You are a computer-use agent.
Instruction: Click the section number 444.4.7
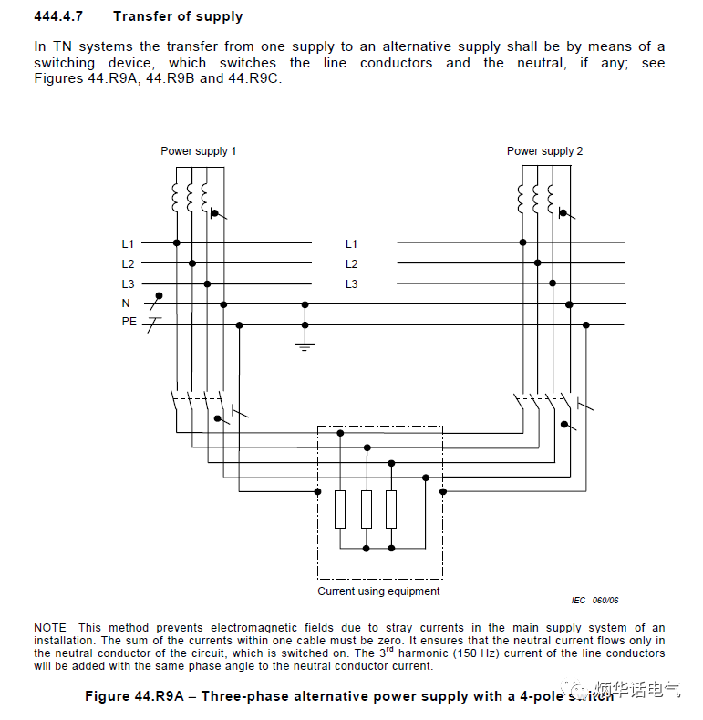tap(60, 16)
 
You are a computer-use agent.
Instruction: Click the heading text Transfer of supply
tap(178, 16)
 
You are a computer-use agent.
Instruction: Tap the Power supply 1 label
tap(198, 151)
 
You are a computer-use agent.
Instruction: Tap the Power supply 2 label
tap(544, 151)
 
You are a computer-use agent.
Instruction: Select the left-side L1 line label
tap(128, 244)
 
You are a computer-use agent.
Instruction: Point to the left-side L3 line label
tap(128, 284)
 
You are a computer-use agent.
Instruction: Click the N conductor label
tap(126, 303)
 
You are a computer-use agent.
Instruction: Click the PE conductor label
tap(129, 323)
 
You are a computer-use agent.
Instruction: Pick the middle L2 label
tap(351, 264)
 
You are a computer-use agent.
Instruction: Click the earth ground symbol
tap(305, 345)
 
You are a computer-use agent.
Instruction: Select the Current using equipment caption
tap(378, 591)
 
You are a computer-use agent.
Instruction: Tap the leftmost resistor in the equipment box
tap(340, 509)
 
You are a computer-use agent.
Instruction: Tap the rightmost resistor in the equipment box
tap(391, 509)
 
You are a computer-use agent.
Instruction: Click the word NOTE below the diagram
tap(50, 628)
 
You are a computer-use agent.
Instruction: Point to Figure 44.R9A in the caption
tap(134, 696)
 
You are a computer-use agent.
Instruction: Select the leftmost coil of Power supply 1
tap(176, 197)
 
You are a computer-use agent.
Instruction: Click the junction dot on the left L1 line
tap(176, 243)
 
